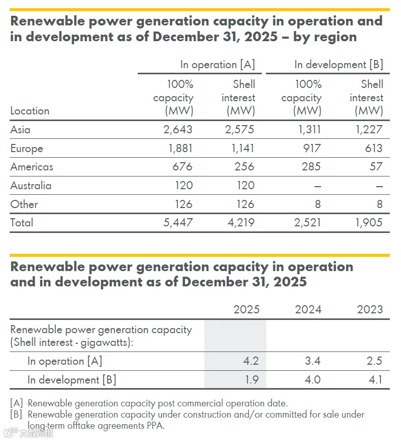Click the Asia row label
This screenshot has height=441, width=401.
pos(20,130)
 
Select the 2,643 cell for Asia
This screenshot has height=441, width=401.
pos(178,130)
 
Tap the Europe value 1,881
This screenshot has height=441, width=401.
pos(180,148)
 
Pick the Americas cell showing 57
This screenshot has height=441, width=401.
pos(376,166)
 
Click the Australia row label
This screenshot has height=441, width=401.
pos(31,186)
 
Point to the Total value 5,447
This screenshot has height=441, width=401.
pos(178,223)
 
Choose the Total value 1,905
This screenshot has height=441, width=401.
pos(369,223)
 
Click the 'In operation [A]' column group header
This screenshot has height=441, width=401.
pos(218,65)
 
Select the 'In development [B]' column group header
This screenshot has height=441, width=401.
pos(338,65)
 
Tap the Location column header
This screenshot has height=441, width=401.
pos(30,111)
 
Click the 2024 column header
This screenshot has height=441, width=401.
pos(308,309)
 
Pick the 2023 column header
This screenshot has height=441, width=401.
pos(370,309)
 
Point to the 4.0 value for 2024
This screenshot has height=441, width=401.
pos(313,379)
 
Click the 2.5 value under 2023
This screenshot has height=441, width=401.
pos(374,361)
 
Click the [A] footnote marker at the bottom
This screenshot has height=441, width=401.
pos(17,403)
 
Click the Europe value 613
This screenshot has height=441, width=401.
pos(374,148)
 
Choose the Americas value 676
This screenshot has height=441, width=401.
pos(182,166)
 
